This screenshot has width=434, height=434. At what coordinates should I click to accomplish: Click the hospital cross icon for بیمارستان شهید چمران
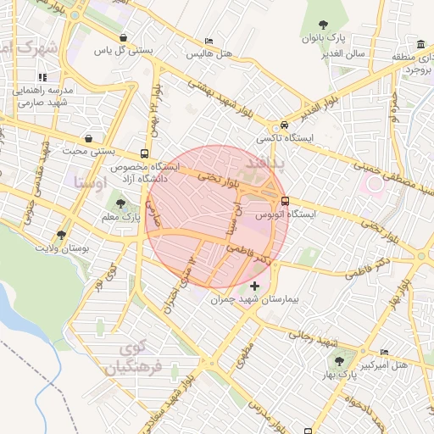255,286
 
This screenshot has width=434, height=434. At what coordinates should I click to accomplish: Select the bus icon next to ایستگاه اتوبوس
284,201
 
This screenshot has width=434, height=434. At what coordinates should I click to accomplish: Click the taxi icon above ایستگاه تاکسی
284,124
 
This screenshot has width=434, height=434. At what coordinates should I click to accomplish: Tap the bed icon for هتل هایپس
209,42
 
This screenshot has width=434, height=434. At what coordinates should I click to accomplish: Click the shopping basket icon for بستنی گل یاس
125,37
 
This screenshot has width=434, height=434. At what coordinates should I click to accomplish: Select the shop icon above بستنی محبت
89,138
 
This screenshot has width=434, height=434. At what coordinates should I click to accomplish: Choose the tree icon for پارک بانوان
322,25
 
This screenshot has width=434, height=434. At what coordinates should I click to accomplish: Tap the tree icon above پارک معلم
121,203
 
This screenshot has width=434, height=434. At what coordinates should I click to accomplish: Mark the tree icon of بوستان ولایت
60,235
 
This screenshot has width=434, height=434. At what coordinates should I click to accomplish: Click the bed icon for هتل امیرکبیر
385,353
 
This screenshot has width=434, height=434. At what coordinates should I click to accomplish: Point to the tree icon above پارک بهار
339,360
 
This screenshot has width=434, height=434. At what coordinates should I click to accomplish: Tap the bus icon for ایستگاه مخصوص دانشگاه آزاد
145,154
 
